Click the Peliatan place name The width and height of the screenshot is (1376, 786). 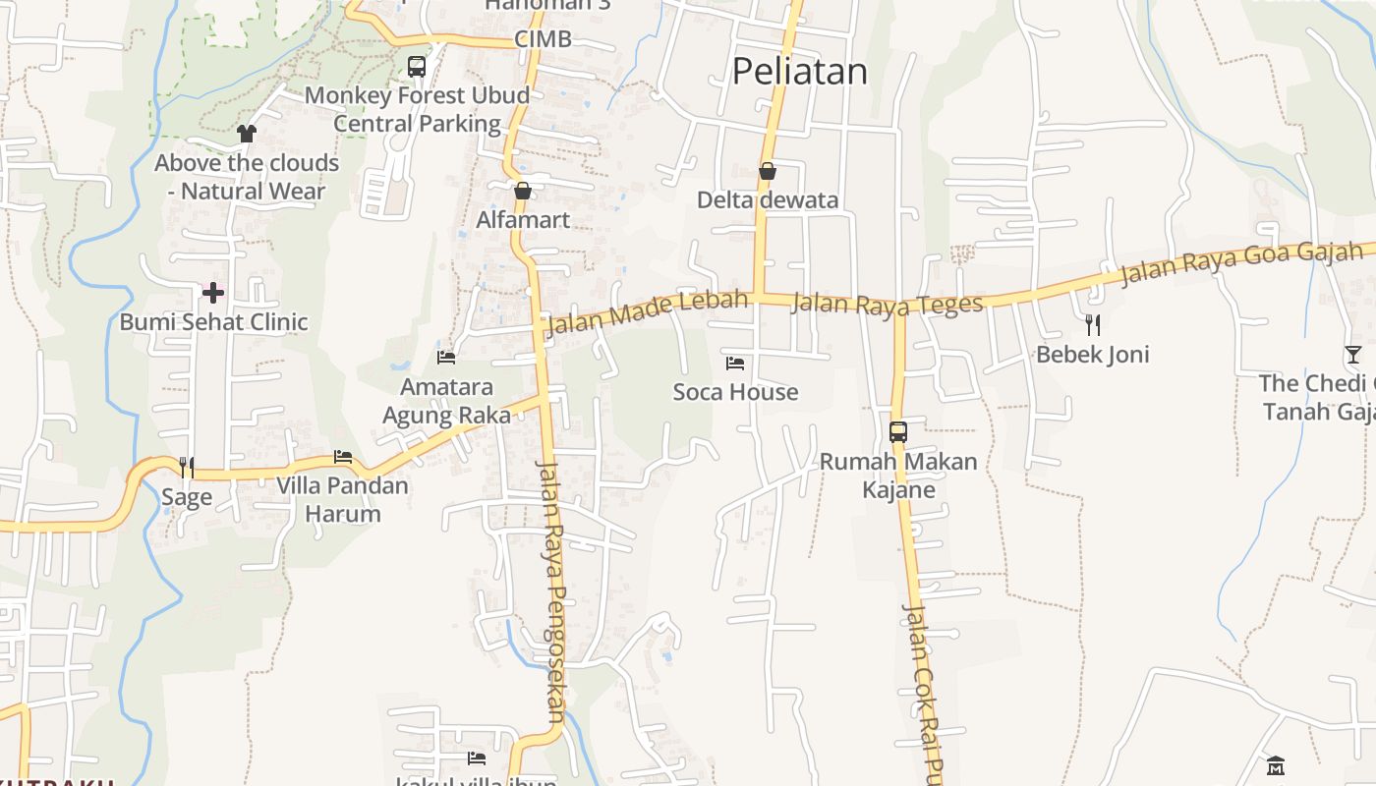800,71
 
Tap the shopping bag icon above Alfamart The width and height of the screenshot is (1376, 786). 523,191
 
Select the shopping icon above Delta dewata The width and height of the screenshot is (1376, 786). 768,172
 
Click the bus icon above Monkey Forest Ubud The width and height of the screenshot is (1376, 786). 417,67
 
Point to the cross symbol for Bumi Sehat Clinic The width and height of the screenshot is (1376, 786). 213,292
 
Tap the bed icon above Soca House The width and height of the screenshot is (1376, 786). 735,364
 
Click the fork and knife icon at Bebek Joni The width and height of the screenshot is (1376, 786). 1093,325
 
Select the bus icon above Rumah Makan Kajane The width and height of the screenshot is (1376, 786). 898,432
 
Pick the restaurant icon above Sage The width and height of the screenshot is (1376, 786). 187,468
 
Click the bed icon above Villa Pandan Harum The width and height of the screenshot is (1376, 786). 343,457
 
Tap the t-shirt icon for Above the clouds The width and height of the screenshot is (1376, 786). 247,134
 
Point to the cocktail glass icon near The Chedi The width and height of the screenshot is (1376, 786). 1353,355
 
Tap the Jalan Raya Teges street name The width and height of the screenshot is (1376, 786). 887,304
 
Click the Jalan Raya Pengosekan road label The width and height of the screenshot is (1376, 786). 553,589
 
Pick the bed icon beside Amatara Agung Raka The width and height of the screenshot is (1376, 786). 446,358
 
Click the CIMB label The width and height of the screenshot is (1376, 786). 543,40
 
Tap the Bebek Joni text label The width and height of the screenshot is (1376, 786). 1093,354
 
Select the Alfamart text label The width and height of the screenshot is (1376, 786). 523,219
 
